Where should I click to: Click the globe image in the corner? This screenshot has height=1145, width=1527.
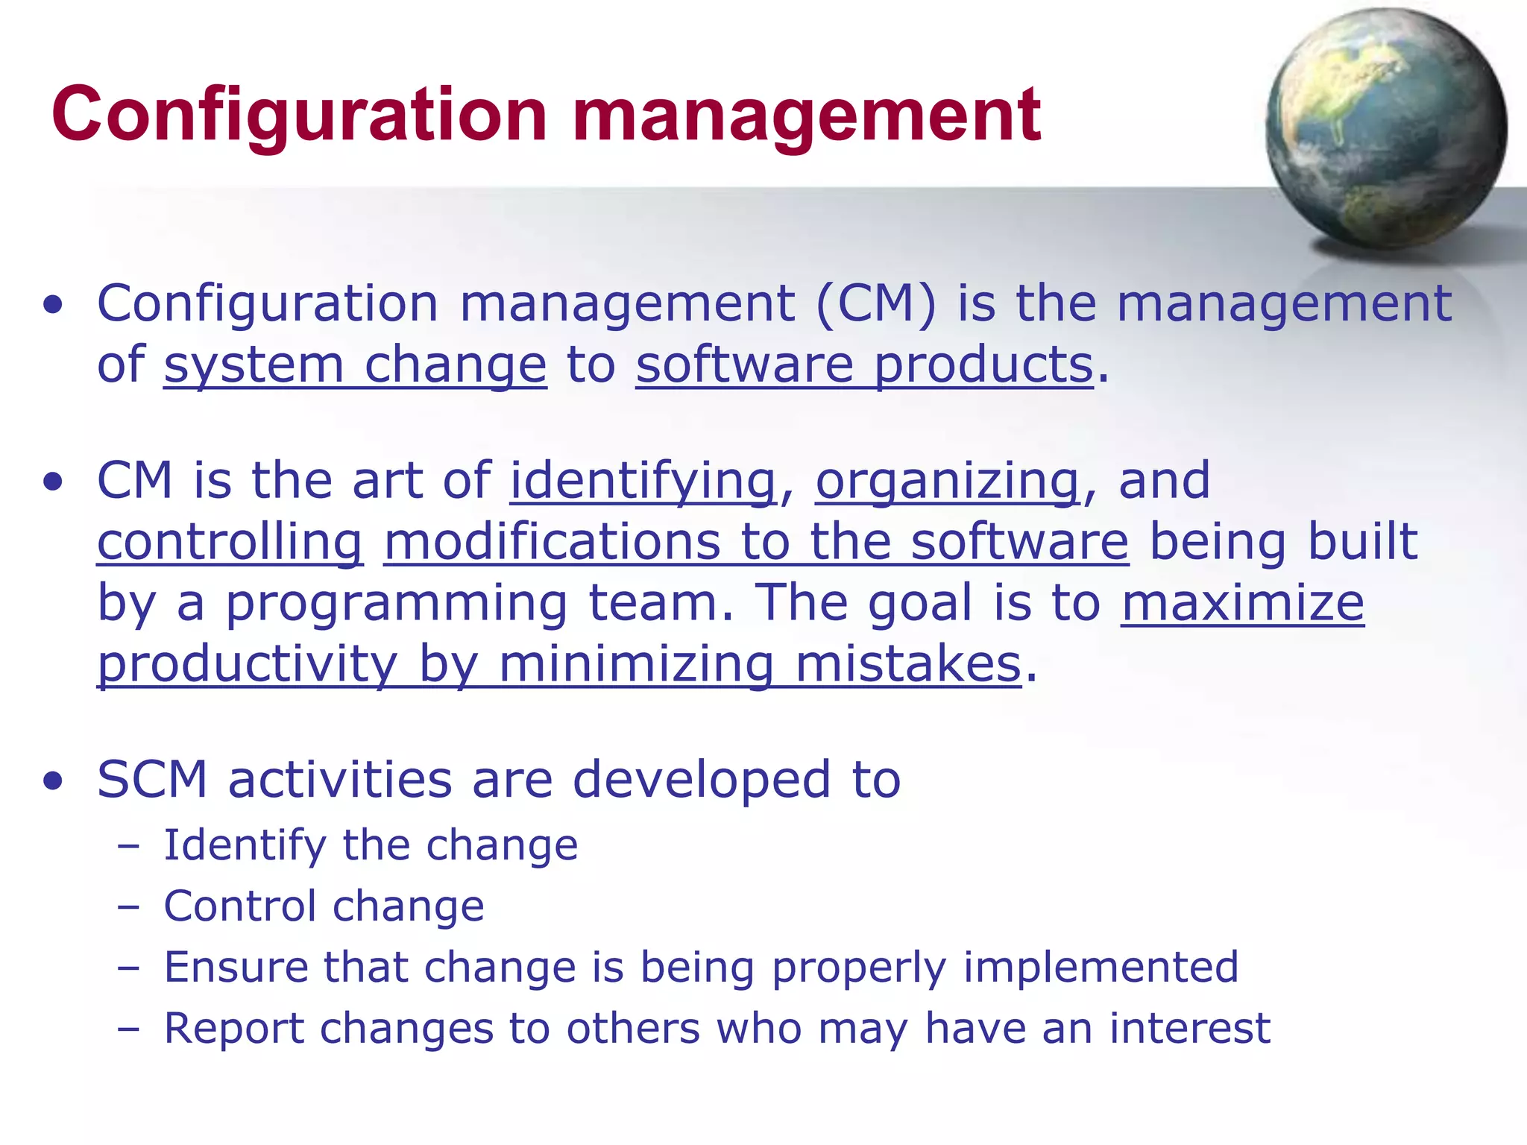click(1385, 128)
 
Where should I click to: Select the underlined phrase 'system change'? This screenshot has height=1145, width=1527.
click(355, 365)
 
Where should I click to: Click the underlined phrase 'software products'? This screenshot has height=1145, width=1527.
click(864, 365)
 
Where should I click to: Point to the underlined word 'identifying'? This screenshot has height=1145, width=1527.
click(643, 481)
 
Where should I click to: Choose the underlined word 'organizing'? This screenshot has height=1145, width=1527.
click(947, 481)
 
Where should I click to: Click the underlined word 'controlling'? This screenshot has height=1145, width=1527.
click(230, 542)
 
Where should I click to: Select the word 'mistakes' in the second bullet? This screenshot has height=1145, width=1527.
click(907, 663)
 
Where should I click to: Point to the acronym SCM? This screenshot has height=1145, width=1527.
click(152, 780)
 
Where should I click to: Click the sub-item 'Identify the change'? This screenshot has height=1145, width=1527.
click(371, 845)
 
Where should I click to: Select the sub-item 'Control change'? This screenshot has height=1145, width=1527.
click(324, 906)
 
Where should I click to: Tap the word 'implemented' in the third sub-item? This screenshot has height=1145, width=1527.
click(1101, 968)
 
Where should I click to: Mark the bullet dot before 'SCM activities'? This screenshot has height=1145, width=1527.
click(53, 781)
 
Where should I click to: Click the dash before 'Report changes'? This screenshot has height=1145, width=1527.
click(128, 1029)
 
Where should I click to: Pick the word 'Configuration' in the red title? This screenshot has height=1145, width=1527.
click(298, 116)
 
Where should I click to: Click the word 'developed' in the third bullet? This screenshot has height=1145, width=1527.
click(701, 780)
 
